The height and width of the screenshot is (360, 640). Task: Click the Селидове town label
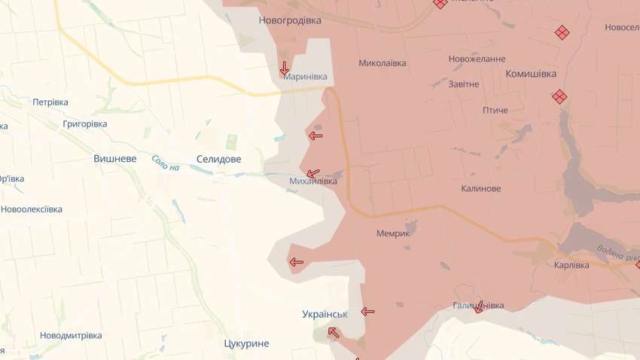pyautogui.click(x=218, y=159)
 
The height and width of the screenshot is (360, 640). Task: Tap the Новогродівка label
pyautogui.click(x=289, y=20)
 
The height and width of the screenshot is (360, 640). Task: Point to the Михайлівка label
pyautogui.click(x=313, y=182)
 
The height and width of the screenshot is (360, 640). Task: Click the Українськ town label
pyautogui.click(x=325, y=314)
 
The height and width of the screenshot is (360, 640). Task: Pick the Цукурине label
pyautogui.click(x=246, y=343)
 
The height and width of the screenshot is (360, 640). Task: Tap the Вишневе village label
pyautogui.click(x=115, y=159)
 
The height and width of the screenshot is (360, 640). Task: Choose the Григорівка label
pyautogui.click(x=85, y=124)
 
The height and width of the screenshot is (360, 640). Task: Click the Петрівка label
pyautogui.click(x=50, y=102)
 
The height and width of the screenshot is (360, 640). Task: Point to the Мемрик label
pyautogui.click(x=393, y=233)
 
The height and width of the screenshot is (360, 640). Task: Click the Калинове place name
pyautogui.click(x=481, y=188)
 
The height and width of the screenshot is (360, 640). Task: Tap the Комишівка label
pyautogui.click(x=531, y=74)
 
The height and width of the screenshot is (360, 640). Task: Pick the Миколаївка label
pyautogui.click(x=382, y=63)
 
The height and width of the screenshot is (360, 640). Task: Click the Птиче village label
pyautogui.click(x=495, y=110)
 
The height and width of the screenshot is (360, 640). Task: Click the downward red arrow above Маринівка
pyautogui.click(x=284, y=67)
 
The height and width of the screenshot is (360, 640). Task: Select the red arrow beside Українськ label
pyautogui.click(x=367, y=311)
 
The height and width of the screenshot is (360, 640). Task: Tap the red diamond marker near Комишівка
pyautogui.click(x=559, y=96)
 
